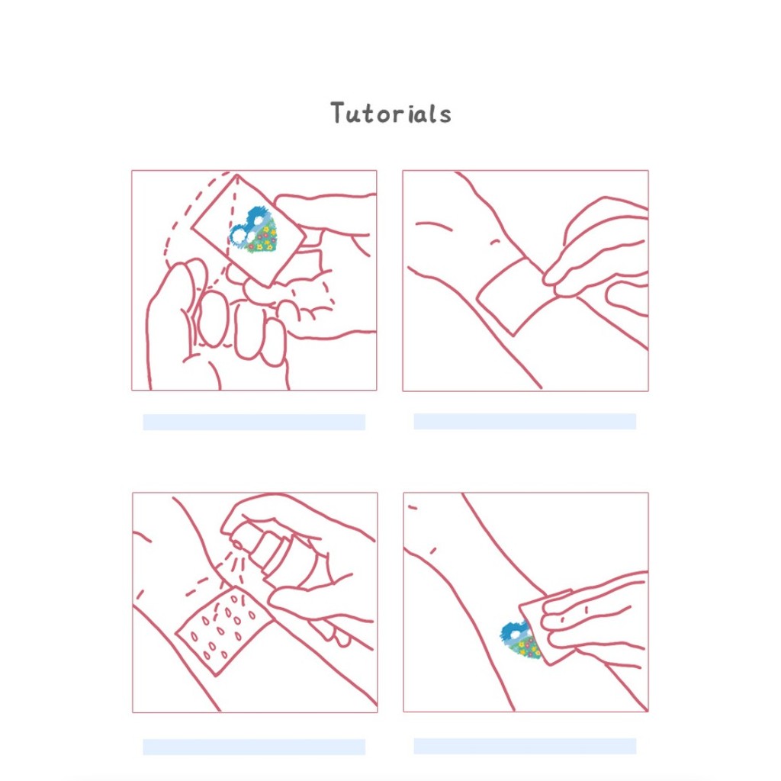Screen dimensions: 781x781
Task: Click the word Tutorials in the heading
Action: (x=391, y=113)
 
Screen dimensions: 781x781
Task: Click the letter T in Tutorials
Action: (x=338, y=113)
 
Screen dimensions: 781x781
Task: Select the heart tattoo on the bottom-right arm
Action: (x=520, y=640)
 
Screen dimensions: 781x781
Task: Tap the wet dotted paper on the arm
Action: (x=223, y=630)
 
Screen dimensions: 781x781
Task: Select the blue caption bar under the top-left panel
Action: (x=254, y=422)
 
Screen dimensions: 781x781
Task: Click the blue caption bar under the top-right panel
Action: (x=525, y=421)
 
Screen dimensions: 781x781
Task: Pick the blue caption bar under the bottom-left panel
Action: (x=254, y=747)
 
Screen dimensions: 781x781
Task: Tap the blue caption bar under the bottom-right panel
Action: (x=525, y=746)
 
